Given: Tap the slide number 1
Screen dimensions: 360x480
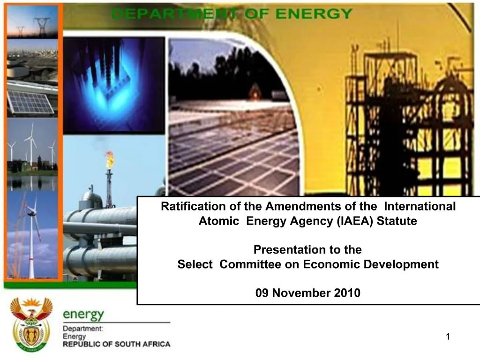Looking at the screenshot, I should (448, 336).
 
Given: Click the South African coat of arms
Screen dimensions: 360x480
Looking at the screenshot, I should (31, 325).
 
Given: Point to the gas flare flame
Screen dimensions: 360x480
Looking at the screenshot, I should (109, 159).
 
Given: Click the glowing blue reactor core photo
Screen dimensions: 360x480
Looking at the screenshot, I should (113, 84).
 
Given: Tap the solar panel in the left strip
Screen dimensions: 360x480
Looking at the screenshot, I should (32, 102).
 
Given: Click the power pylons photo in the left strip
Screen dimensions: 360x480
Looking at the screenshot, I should (32, 22).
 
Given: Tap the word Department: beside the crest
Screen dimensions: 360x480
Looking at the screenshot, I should (83, 329).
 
